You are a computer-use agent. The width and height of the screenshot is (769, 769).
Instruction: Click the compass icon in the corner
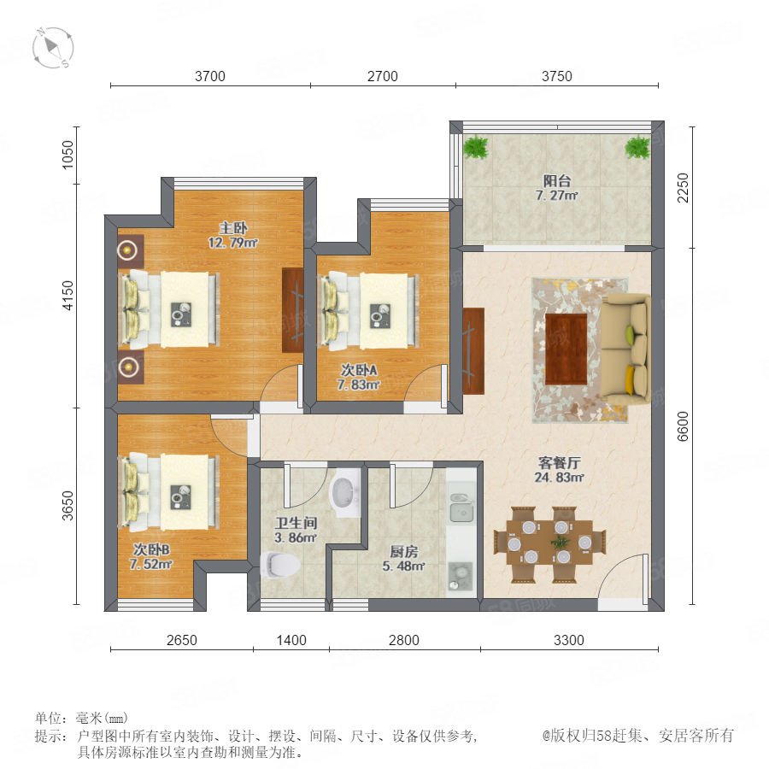click(53, 48)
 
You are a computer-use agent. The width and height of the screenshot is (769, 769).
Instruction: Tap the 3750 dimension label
click(556, 76)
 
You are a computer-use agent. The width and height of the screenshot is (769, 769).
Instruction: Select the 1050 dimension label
click(68, 155)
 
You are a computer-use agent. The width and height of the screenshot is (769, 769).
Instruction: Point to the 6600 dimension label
click(682, 426)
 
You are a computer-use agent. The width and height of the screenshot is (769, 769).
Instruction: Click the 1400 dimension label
click(291, 640)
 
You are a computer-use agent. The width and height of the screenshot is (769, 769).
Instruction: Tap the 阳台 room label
click(557, 180)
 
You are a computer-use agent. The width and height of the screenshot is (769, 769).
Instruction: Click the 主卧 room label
click(233, 227)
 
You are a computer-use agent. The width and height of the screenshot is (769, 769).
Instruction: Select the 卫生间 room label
click(296, 523)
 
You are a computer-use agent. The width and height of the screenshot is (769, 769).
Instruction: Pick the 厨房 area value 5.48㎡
click(403, 566)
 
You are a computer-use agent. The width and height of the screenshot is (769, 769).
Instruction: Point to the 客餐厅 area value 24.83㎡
click(559, 477)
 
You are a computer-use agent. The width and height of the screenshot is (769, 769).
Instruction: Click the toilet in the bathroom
click(280, 565)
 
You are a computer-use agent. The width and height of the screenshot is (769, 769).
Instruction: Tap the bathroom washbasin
click(345, 492)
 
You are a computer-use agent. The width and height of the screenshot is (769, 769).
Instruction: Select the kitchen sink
click(461, 507)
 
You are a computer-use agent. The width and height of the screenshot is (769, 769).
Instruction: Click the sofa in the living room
click(625, 349)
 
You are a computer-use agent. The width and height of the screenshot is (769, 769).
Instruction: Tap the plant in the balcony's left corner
click(476, 147)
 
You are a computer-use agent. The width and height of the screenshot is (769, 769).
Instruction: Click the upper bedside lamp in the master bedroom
click(128, 250)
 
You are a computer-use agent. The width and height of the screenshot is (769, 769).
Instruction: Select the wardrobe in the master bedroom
click(292, 310)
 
